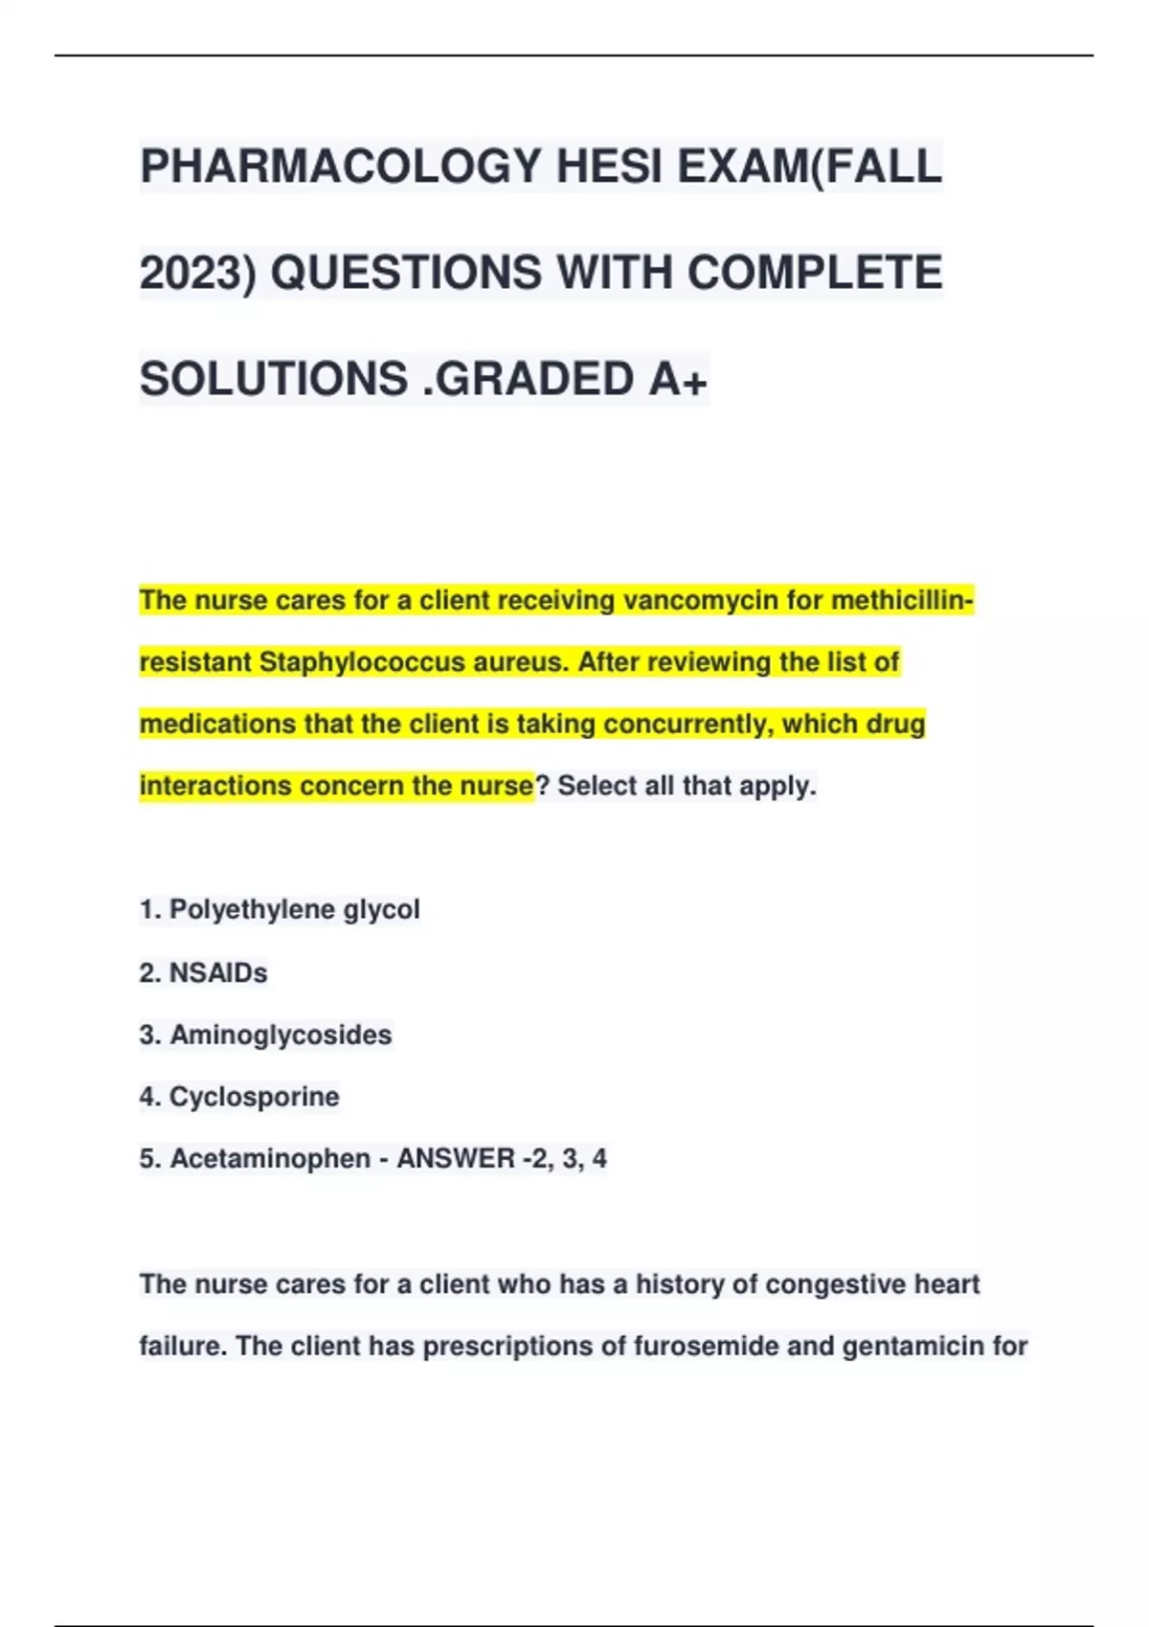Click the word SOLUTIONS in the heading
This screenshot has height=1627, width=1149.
(274, 379)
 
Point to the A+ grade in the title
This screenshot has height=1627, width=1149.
(678, 379)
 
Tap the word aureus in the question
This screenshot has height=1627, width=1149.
(520, 662)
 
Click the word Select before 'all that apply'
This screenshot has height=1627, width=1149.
(597, 786)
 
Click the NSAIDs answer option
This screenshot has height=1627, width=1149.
(218, 972)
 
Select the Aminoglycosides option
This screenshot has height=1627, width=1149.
(281, 1035)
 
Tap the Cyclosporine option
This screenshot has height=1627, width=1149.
(254, 1097)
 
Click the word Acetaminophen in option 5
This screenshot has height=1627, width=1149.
(270, 1159)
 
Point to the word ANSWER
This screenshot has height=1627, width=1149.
(456, 1159)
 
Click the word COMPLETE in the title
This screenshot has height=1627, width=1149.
(814, 273)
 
